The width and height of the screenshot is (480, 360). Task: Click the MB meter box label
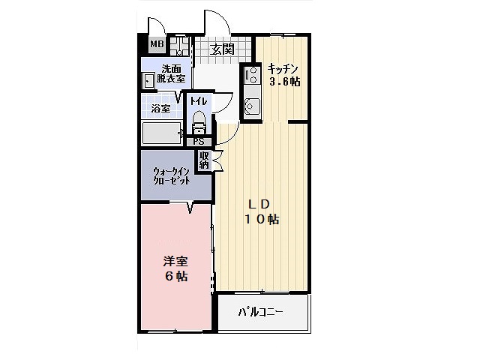(156, 44)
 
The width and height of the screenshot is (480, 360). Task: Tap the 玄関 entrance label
(221, 49)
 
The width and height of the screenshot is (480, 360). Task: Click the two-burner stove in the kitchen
(251, 76)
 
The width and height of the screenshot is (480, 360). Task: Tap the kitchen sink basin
(251, 105)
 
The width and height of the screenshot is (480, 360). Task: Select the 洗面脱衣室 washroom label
(171, 73)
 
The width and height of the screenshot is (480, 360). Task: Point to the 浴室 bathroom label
(160, 109)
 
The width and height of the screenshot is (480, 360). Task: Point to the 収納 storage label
(204, 160)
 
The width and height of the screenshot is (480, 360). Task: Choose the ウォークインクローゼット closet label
(171, 175)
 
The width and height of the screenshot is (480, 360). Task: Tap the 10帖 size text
(262, 220)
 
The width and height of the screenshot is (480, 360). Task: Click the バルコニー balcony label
(261, 312)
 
